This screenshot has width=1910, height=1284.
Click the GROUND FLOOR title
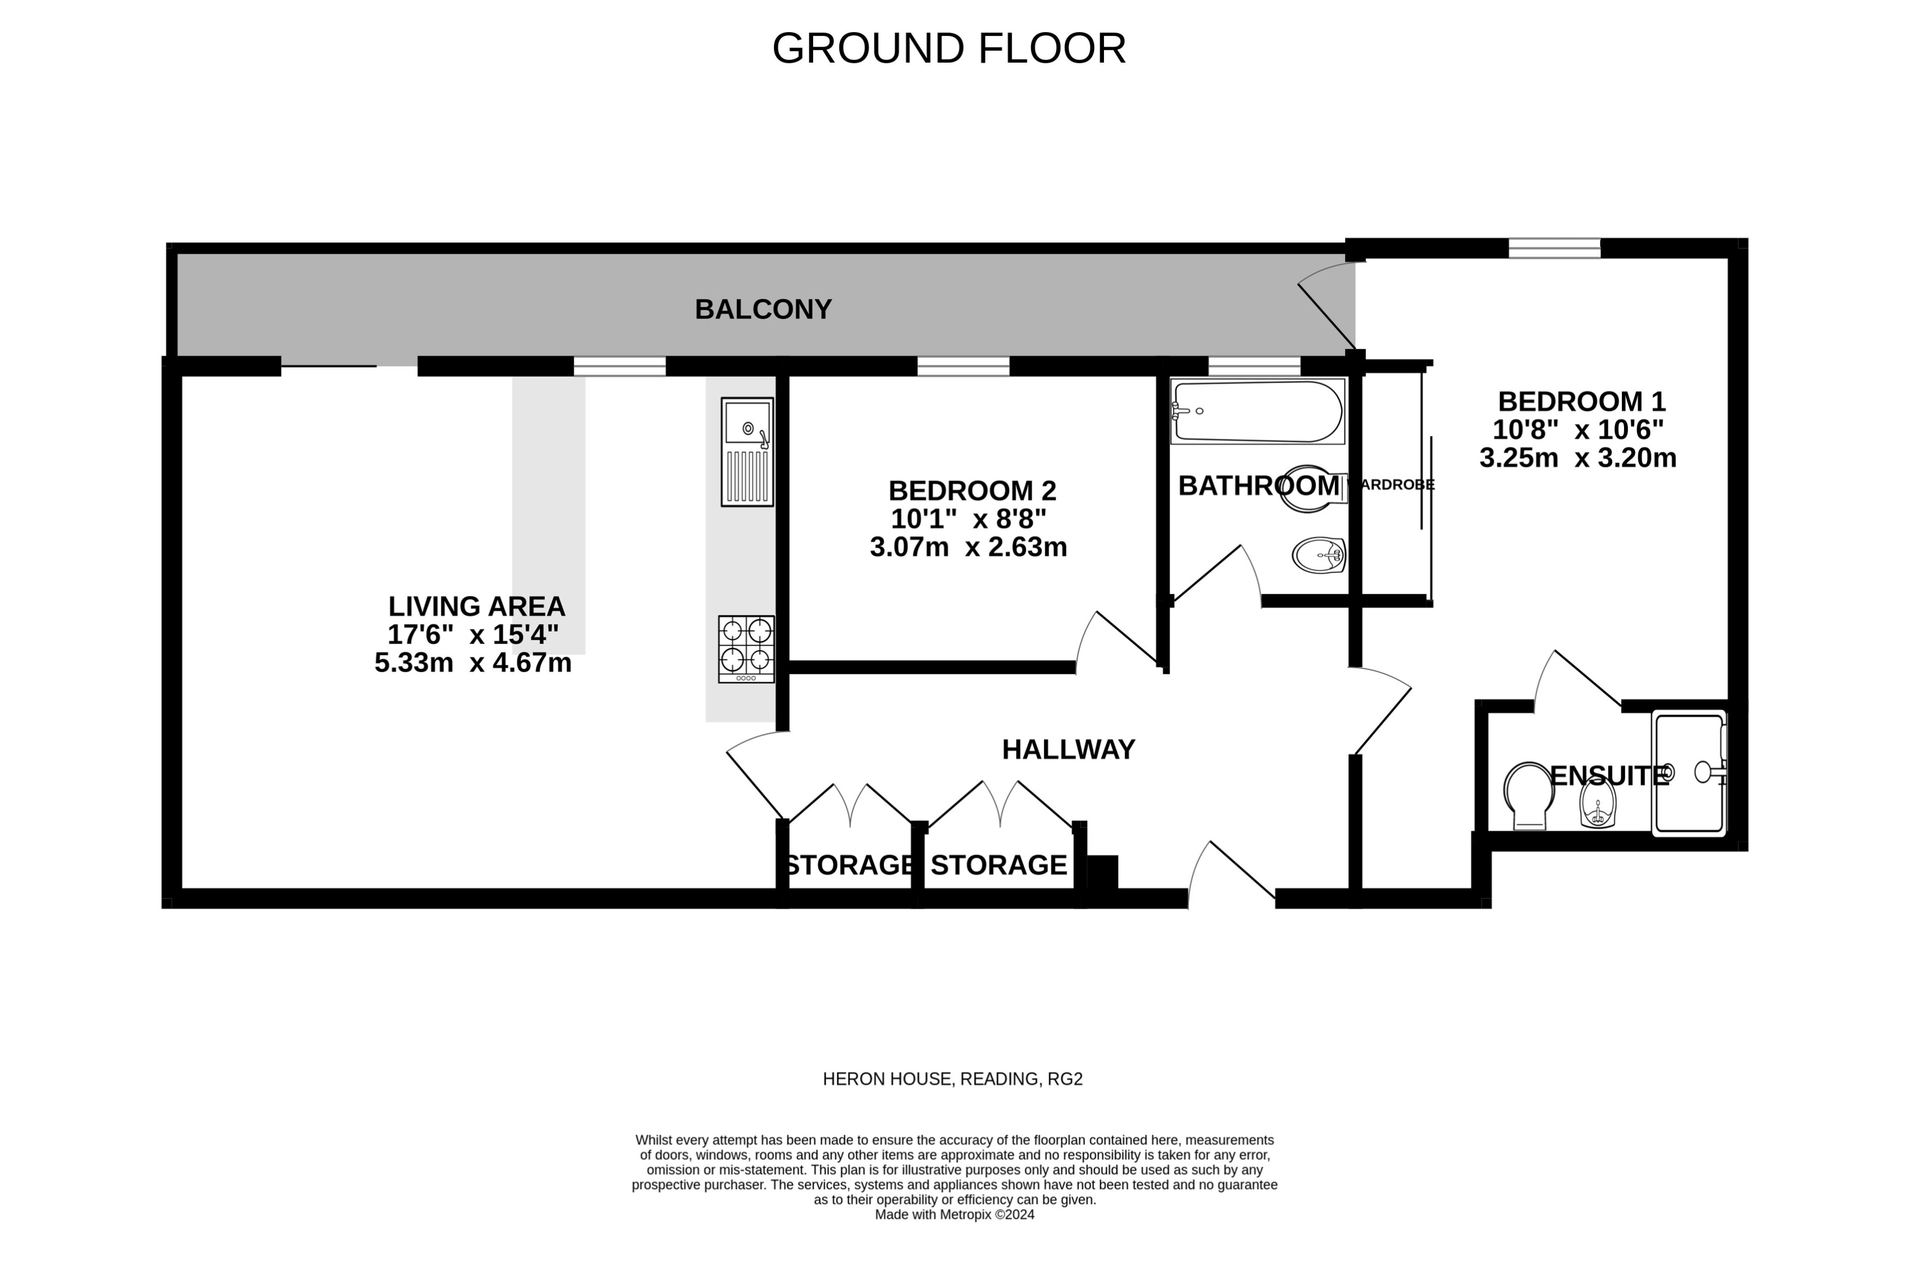point(948,49)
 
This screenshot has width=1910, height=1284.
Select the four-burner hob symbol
point(745,649)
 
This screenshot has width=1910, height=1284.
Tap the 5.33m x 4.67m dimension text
point(473,663)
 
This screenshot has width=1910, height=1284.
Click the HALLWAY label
point(1068,749)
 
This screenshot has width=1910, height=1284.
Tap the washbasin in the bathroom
point(1318,555)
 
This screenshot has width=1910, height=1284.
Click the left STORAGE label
point(849,865)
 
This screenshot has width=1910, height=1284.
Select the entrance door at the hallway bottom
point(1231,876)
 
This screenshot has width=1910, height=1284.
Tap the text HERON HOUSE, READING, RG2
point(952,1079)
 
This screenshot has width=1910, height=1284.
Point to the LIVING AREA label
point(476,606)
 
